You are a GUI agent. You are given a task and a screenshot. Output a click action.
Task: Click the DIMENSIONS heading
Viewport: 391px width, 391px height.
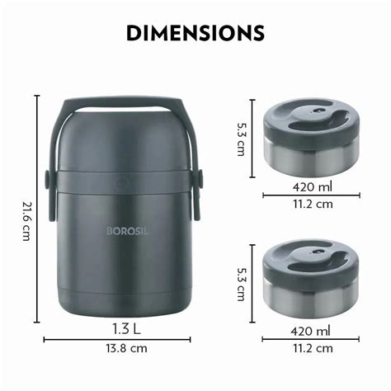195,33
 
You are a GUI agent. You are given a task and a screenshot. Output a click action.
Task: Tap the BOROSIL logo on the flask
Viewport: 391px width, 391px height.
127,231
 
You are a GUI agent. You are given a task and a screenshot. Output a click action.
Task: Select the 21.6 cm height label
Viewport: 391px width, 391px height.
26,221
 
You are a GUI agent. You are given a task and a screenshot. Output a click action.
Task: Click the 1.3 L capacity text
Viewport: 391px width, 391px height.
126,329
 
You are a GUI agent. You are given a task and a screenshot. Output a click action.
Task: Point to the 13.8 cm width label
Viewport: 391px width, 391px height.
127,348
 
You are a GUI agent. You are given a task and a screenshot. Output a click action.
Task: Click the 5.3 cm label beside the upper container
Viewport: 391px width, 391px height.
242,139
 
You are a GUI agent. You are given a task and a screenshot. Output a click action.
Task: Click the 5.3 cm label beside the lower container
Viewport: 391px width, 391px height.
242,284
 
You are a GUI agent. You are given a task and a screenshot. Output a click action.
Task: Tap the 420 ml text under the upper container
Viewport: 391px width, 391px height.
313,187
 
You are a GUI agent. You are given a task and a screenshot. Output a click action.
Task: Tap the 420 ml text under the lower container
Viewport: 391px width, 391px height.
311,331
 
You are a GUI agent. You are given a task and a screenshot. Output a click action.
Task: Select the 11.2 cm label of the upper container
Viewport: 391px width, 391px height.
313,204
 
